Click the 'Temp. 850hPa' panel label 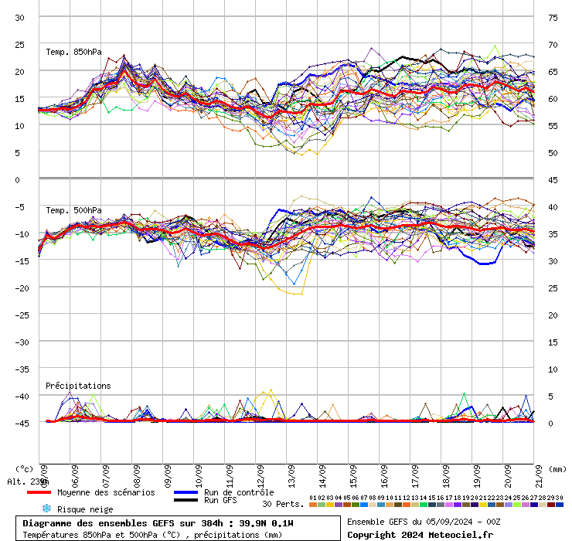point(69,52)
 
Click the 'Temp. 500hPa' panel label point(73,210)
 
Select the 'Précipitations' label point(78,386)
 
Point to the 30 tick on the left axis point(20,18)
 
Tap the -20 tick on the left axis point(20,288)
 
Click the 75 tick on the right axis point(553,18)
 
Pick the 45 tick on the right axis point(553,180)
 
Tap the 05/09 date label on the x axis point(44,472)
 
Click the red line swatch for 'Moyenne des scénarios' point(39,492)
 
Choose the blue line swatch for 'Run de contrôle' point(186,492)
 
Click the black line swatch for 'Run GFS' point(186,501)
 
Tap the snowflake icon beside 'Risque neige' point(46,509)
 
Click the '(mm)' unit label point(557,468)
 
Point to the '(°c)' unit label point(24,468)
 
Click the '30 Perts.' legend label point(283,504)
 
